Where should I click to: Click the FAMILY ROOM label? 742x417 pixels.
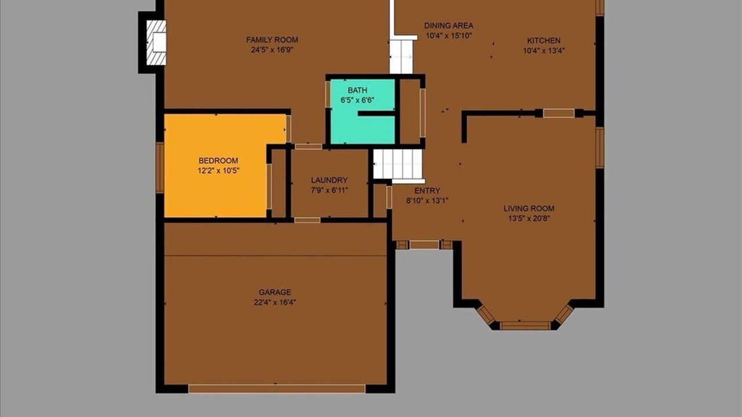(272, 40)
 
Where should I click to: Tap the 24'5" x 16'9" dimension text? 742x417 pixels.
(272, 50)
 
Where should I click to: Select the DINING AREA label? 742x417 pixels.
(449, 25)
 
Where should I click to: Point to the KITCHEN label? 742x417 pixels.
(544, 41)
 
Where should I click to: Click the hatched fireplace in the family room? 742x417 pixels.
(157, 43)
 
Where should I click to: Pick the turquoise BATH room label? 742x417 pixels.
(357, 90)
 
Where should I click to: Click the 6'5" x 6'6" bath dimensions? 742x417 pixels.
(358, 100)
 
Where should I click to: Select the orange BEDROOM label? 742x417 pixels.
(219, 161)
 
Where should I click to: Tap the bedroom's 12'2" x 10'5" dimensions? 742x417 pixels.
(219, 171)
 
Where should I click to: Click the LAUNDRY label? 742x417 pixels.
(329, 180)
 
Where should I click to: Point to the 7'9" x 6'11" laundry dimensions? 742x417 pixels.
(329, 191)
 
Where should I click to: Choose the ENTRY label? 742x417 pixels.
(427, 191)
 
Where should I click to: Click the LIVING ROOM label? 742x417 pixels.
(529, 209)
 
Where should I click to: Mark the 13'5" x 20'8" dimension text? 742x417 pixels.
(529, 218)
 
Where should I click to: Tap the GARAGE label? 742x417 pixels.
(275, 292)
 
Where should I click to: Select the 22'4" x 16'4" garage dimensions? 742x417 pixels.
(275, 302)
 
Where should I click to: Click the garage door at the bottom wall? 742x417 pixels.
(277, 389)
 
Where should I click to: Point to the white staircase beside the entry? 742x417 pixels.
(398, 164)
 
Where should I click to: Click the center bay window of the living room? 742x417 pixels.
(525, 325)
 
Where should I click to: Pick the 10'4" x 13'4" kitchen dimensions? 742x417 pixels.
(544, 50)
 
